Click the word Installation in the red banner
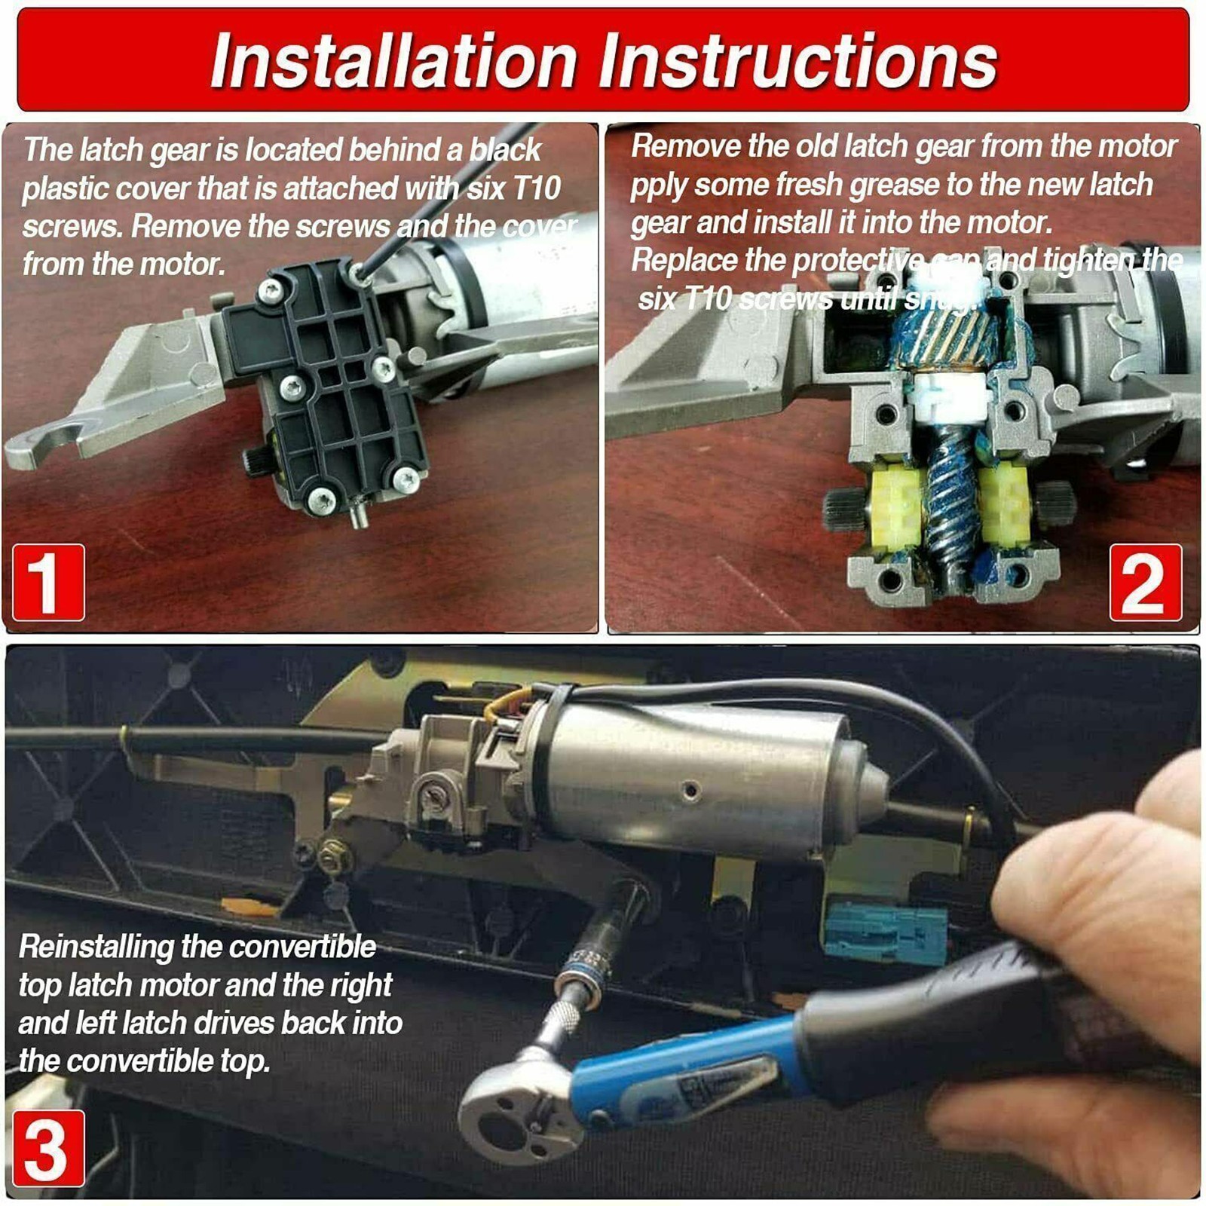pos(393,60)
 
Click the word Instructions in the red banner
pos(798,60)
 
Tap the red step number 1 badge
pos(48,583)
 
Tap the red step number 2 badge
pos(1145,583)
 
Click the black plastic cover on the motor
pos(332,384)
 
